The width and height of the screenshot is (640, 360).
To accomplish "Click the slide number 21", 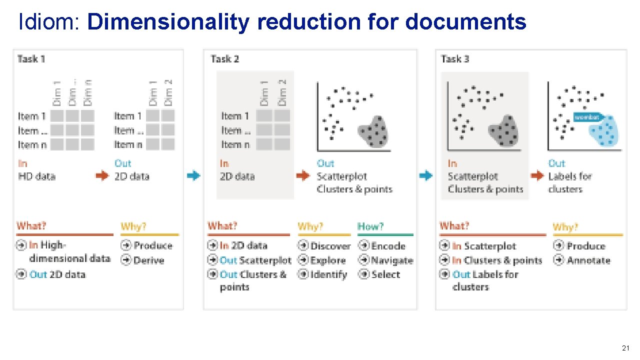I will [x=625, y=347].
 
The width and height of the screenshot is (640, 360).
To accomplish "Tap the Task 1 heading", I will [x=31, y=59].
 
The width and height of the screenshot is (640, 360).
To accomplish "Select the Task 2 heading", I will [x=225, y=59].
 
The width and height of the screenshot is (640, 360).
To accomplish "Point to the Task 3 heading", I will [x=455, y=59].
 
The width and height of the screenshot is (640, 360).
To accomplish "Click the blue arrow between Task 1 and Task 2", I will [x=193, y=175].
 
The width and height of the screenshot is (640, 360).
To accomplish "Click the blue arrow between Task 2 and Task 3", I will [x=425, y=175].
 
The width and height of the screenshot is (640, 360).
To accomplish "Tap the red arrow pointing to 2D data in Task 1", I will [x=102, y=175].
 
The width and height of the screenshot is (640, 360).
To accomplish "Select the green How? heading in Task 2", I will [x=370, y=226].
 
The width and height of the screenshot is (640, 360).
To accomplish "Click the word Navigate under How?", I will [x=392, y=260].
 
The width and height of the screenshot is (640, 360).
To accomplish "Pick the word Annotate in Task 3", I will [x=588, y=260].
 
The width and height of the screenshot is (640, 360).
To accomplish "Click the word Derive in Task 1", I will [x=148, y=260].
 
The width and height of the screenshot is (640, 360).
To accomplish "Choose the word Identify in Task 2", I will [x=328, y=274].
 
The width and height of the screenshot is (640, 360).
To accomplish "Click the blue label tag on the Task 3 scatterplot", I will [x=588, y=116].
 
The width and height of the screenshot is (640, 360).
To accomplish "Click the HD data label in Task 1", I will [x=36, y=176].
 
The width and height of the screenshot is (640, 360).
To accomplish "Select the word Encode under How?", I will [x=388, y=246].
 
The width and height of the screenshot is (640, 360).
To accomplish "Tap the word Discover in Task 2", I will [x=330, y=246].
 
